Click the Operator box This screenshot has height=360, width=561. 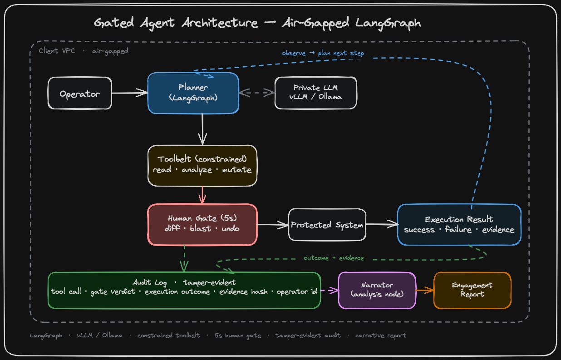coord(79,93)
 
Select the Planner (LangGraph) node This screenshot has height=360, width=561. coord(193,93)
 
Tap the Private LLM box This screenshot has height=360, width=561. coord(315,93)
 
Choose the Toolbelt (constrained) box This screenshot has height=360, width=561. coord(202,166)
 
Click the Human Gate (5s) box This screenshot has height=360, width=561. coord(202,224)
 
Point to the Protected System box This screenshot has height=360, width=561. coord(327,225)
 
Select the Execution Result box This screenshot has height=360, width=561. coord(459,224)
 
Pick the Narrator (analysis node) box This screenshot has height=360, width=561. coord(377,291)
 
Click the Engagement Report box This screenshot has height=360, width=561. coord(472,291)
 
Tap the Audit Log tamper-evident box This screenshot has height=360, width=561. coord(184,291)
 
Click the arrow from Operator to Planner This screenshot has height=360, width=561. coord(130,93)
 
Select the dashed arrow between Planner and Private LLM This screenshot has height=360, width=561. coord(257,93)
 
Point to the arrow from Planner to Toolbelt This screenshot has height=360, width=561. coord(202,129)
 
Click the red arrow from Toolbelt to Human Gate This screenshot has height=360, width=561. coord(202,195)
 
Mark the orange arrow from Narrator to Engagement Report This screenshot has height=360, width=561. coord(425,291)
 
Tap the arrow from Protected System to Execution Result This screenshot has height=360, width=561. coord(382,224)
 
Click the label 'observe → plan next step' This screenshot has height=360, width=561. coord(323,53)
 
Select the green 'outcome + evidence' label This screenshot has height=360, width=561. coord(334,258)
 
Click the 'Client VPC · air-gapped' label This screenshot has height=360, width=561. coord(84,51)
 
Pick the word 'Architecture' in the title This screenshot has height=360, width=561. coord(220,23)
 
